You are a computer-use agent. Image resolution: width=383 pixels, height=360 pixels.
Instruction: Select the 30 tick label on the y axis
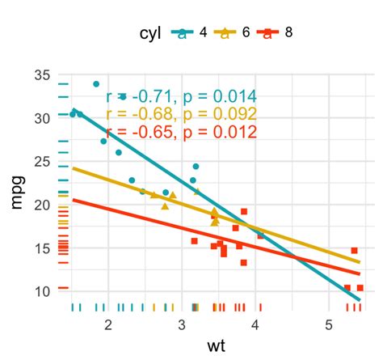(x=43, y=117)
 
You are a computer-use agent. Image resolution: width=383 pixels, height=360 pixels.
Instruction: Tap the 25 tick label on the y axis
(x=43, y=161)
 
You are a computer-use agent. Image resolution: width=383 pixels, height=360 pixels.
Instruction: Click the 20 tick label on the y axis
(x=43, y=204)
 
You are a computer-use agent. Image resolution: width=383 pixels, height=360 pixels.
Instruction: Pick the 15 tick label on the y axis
(x=43, y=247)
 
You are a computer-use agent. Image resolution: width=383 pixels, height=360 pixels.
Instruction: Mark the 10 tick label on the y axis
(x=43, y=290)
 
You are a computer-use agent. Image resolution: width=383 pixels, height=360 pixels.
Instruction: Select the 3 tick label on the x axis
(x=182, y=324)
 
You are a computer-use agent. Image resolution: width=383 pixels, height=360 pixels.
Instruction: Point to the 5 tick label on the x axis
(x=328, y=324)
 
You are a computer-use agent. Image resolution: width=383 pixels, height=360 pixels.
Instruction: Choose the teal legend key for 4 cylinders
(x=183, y=33)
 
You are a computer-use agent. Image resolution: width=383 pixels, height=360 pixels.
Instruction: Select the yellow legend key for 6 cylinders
(x=227, y=33)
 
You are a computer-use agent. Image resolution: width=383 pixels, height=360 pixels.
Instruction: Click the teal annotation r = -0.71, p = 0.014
(x=182, y=95)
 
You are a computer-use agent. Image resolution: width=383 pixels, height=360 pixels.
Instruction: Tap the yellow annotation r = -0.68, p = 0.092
(x=182, y=113)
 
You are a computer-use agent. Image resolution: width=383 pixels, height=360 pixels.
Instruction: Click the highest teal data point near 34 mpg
(x=96, y=84)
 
